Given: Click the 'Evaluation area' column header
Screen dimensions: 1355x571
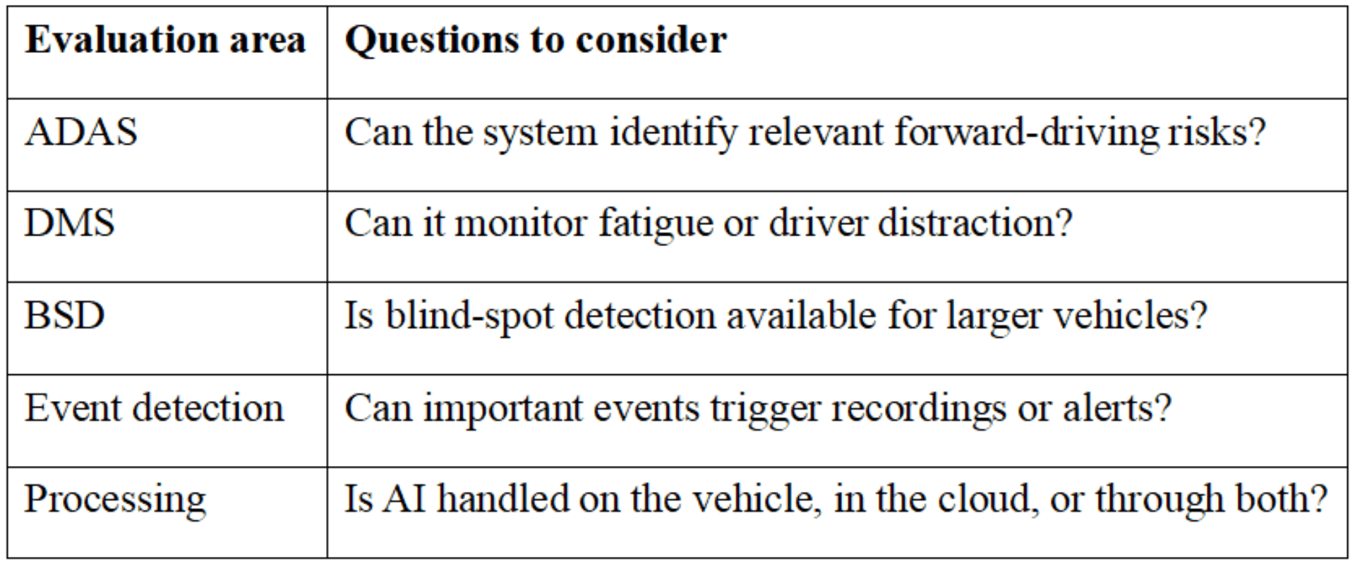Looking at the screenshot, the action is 166,39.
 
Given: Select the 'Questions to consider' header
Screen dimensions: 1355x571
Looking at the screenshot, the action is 536,39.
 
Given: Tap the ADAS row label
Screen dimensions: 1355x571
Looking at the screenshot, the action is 81,132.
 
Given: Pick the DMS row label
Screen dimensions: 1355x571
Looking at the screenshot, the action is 69,223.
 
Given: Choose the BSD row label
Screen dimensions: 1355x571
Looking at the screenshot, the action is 65,315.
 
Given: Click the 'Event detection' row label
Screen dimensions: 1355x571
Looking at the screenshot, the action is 155,407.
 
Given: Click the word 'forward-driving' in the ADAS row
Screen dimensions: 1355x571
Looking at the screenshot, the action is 1026,132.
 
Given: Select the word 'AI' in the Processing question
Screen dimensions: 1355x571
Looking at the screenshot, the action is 404,499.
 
